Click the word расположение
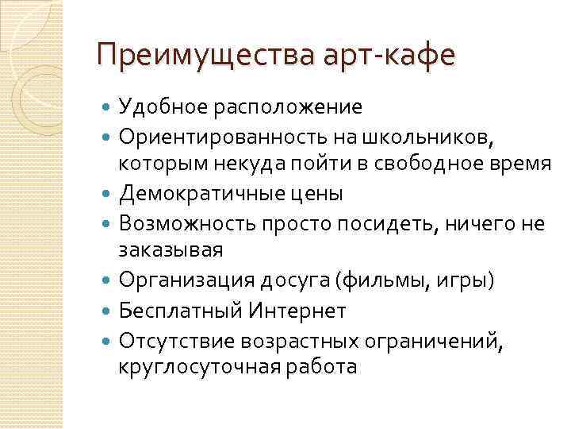click(286, 106)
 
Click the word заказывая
click(171, 249)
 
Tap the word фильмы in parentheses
click(375, 280)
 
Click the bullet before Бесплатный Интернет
click(107, 311)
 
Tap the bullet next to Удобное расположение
click(107, 106)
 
